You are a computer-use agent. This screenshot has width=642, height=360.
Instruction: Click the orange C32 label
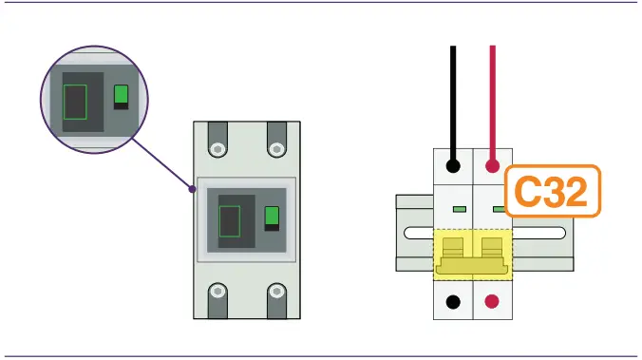pyautogui.click(x=552, y=194)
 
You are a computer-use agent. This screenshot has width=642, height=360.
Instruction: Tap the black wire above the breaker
pyautogui.click(x=455, y=95)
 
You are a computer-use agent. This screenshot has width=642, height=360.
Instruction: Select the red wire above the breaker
pyautogui.click(x=492, y=95)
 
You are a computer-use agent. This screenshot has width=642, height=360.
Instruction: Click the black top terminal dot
pyautogui.click(x=455, y=166)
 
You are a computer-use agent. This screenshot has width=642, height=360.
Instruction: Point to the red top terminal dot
pyautogui.click(x=492, y=166)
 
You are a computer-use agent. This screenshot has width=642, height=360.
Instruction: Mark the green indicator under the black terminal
pyautogui.click(x=460, y=208)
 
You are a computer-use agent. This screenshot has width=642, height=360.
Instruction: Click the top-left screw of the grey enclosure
pyautogui.click(x=217, y=148)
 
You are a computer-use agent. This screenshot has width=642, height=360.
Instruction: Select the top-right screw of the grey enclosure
pyautogui.click(x=276, y=148)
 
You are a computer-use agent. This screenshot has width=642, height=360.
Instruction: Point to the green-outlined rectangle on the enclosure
pyautogui.click(x=231, y=220)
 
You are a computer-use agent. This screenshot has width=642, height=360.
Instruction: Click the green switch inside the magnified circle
pyautogui.click(x=121, y=95)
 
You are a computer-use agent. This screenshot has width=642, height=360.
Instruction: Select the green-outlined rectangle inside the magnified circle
pyautogui.click(x=74, y=102)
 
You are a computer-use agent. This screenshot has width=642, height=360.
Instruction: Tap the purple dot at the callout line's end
pyautogui.click(x=193, y=189)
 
